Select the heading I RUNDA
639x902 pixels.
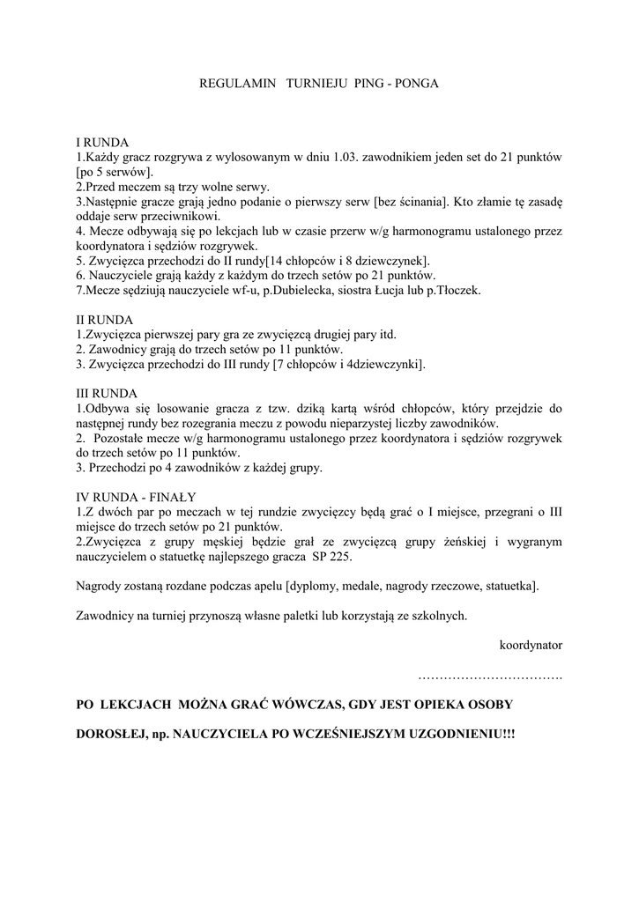click(102, 143)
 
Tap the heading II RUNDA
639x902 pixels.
click(104, 320)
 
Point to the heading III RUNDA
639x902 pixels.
click(107, 394)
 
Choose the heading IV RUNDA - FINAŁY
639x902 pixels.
click(136, 496)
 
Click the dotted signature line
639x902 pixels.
click(490, 676)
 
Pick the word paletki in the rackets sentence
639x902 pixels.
click(319, 616)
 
